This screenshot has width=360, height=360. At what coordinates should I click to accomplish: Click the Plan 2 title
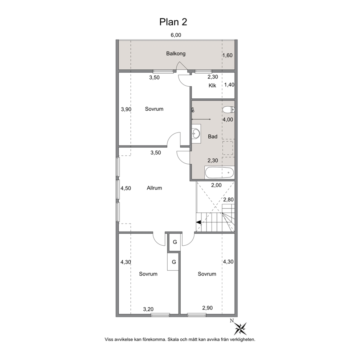tap(173, 22)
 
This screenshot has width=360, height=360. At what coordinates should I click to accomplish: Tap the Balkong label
tap(176, 54)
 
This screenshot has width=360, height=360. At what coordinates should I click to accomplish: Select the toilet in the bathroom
tap(228, 110)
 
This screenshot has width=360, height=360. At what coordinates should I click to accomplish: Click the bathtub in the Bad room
tap(220, 173)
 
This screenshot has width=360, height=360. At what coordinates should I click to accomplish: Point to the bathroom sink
tap(196, 134)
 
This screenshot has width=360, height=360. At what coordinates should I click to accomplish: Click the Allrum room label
tap(154, 188)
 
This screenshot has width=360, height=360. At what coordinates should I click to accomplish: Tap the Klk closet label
tap(212, 86)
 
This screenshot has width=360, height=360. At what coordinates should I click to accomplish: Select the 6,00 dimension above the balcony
tap(176, 35)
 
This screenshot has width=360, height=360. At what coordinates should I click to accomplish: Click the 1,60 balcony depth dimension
tap(228, 55)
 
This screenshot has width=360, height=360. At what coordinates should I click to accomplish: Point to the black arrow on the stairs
tap(199, 222)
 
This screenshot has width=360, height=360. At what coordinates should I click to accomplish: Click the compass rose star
tap(240, 328)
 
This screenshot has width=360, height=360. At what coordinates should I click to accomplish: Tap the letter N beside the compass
tap(232, 321)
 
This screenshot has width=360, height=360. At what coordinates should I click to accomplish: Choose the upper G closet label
tap(175, 242)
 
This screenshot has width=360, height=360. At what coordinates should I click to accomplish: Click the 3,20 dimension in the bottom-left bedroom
tap(148, 310)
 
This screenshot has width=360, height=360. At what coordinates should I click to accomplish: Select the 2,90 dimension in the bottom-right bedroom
tap(207, 308)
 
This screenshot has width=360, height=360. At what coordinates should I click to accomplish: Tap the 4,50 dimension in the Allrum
tap(126, 188)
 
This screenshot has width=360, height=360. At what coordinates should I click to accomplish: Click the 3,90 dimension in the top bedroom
tap(126, 109)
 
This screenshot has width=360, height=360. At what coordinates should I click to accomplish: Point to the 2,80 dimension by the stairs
tap(228, 200)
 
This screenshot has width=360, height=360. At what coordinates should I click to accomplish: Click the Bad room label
tap(213, 136)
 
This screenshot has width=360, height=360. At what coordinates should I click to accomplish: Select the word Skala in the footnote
tap(174, 339)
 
